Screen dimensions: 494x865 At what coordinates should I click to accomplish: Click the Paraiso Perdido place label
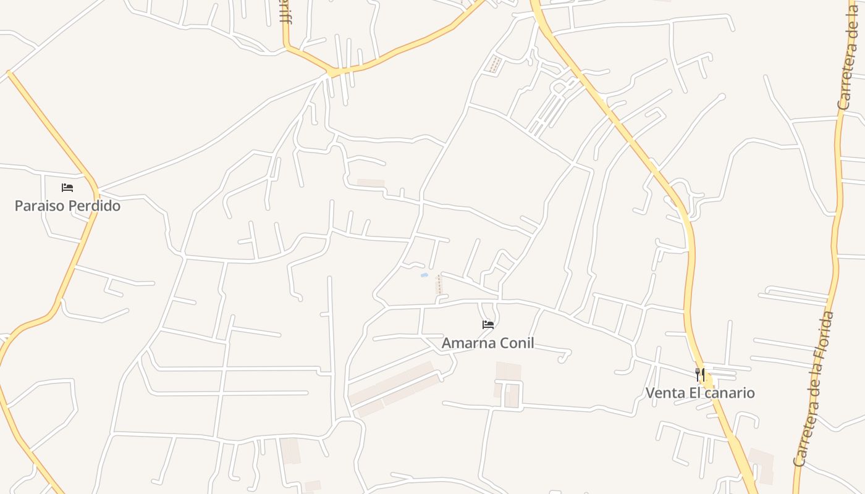(67, 206)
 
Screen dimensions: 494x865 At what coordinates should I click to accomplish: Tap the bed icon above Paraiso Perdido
(67, 187)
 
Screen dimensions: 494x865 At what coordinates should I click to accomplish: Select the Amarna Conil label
(487, 343)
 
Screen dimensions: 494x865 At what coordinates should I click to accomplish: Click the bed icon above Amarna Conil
(488, 324)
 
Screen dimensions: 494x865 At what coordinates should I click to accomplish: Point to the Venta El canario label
(700, 393)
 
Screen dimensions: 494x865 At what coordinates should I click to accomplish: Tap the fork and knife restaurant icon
(700, 374)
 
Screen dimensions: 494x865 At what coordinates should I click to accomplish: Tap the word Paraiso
(40, 206)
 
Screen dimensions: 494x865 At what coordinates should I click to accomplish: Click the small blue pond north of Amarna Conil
(424, 275)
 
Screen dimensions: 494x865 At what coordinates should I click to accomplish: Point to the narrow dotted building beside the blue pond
(439, 284)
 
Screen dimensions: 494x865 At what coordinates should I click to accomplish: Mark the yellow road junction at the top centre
(334, 72)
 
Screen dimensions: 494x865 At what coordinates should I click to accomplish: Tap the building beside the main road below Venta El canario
(762, 464)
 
